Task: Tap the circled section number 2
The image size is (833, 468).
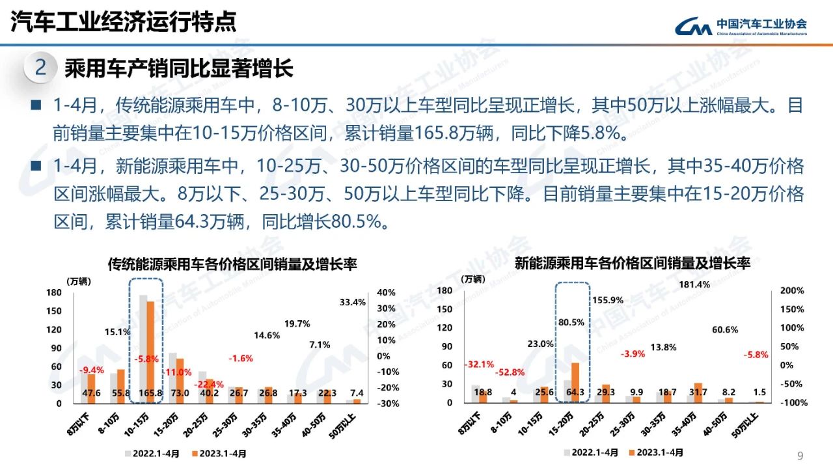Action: tap(40, 68)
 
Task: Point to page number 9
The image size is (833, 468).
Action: tap(800, 456)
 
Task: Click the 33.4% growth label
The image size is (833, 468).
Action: tap(353, 302)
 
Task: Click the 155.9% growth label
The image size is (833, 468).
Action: tap(608, 300)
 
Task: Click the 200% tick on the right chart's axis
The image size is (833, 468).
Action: tap(792, 290)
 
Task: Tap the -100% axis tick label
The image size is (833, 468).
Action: tap(792, 403)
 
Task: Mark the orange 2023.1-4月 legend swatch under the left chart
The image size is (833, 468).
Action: tap(195, 454)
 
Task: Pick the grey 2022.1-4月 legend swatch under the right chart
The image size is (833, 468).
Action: tap(567, 452)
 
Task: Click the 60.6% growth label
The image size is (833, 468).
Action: tap(724, 330)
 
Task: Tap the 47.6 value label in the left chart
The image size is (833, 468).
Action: tap(92, 393)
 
